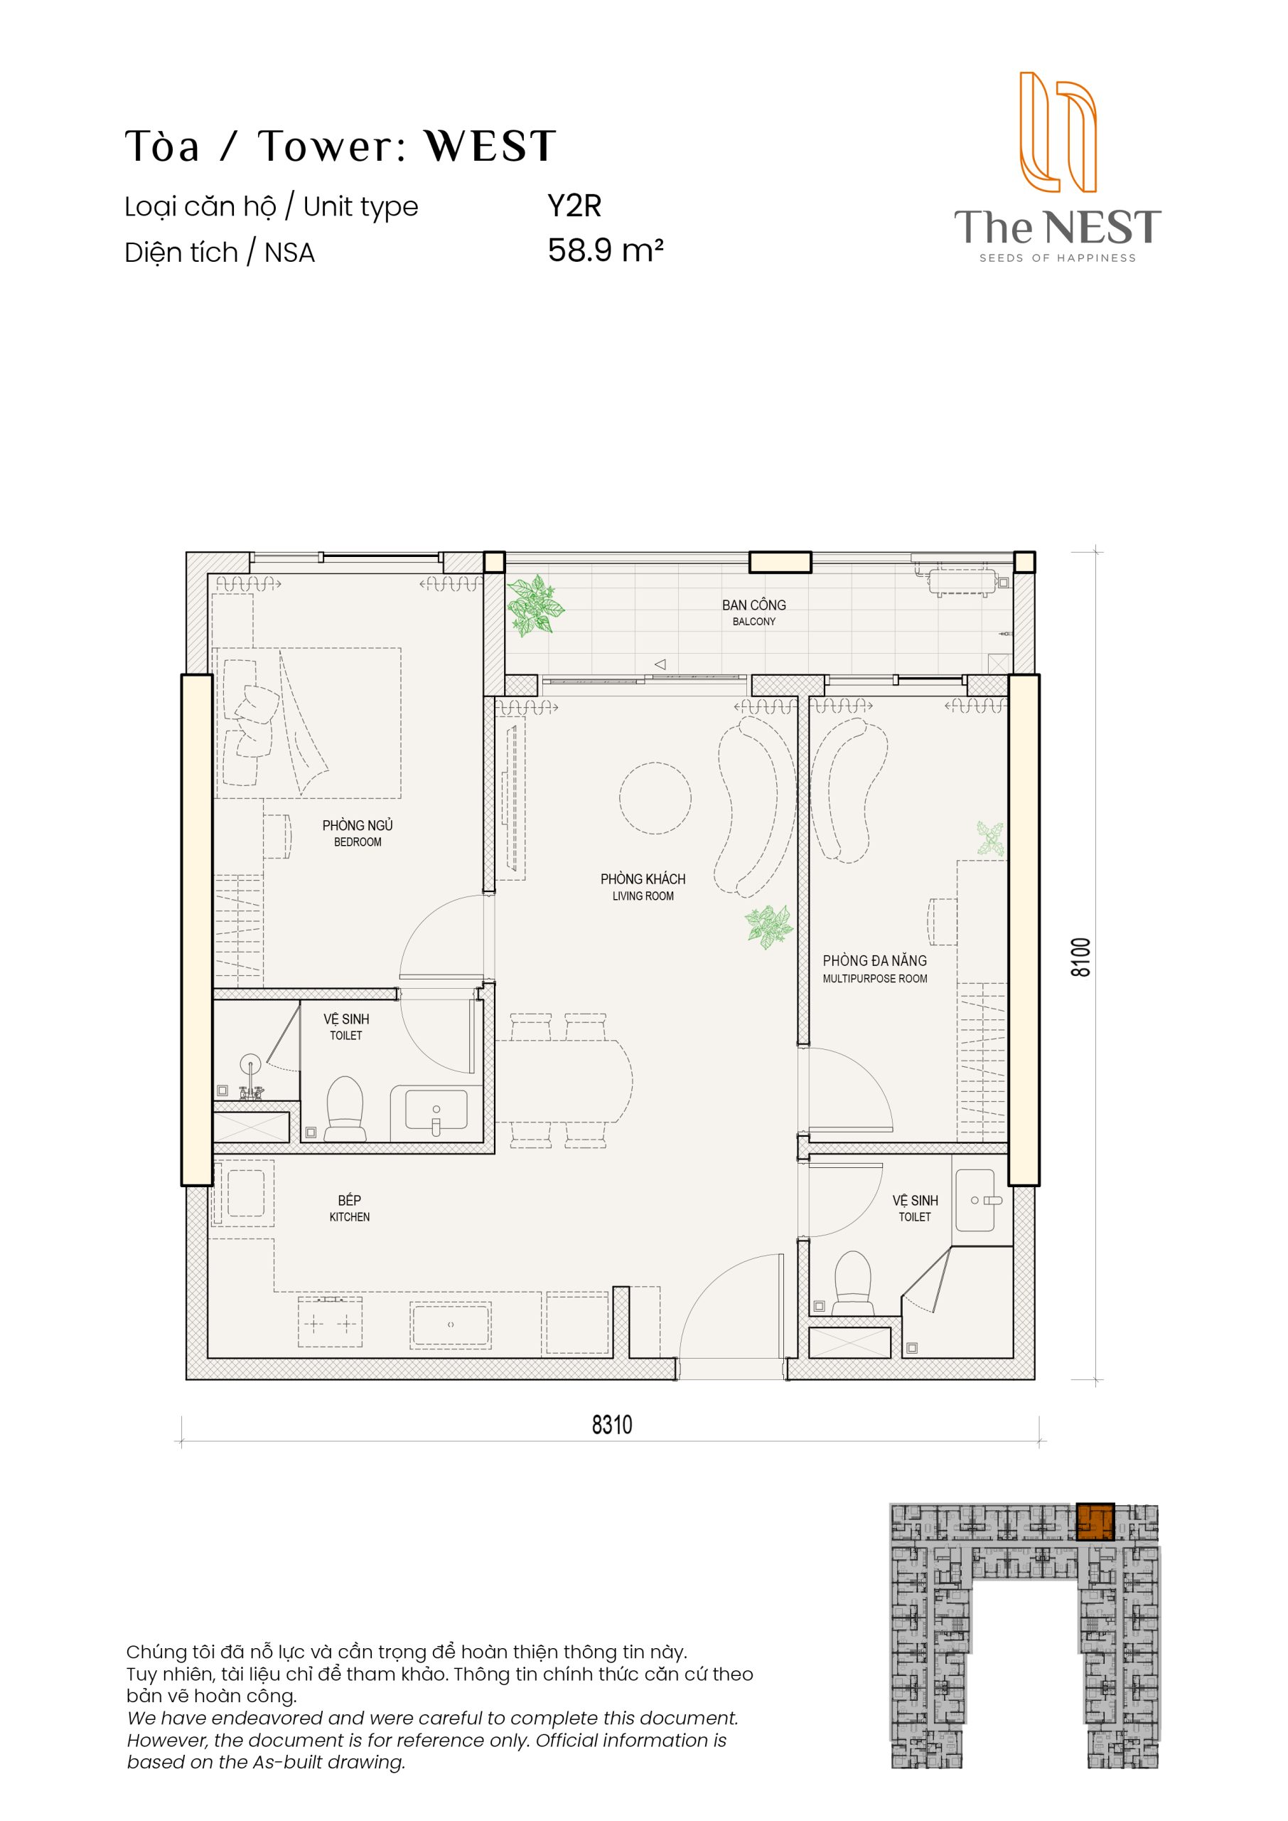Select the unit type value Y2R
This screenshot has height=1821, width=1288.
574,206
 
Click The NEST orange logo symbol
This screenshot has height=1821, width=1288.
1058,132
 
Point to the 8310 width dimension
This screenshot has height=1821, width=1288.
611,1424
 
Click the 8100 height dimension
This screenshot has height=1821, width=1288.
1081,957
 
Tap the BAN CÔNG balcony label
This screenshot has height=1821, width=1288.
753,612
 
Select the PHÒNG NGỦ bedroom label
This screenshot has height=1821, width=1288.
358,832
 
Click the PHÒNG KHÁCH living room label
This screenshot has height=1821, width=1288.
643,886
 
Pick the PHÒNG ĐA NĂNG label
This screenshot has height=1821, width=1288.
875,968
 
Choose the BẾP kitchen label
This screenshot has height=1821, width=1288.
349,1208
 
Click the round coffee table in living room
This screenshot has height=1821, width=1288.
655,797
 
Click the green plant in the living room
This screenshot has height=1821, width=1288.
768,926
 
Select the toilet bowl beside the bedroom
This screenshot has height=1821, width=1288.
345,1108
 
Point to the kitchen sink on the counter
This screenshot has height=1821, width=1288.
450,1324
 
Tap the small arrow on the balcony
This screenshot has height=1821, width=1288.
660,664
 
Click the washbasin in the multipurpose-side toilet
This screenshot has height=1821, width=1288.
975,1200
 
